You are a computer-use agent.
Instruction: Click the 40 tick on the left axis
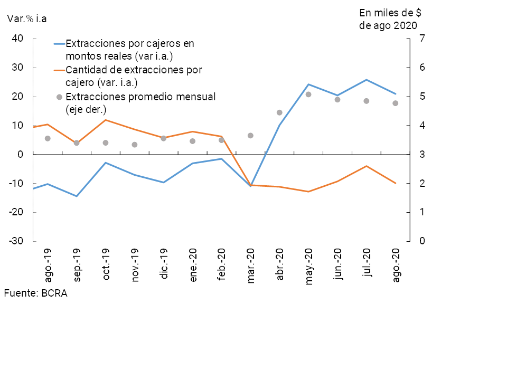click(18, 39)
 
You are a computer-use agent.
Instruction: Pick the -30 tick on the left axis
click(16, 241)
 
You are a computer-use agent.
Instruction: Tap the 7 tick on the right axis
click(422, 39)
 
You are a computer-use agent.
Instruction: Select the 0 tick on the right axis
click(422, 241)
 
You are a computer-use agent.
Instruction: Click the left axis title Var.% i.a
click(27, 18)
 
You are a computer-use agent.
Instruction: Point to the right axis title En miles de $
click(390, 12)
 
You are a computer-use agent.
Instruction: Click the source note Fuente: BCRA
click(35, 293)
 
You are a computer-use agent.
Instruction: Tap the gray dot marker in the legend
click(59, 97)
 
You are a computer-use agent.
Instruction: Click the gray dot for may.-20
click(308, 94)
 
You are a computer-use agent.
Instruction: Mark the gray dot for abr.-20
click(279, 112)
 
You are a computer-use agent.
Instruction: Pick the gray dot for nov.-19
click(135, 145)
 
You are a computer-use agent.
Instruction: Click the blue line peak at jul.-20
click(367, 80)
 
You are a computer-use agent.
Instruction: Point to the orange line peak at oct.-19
click(106, 120)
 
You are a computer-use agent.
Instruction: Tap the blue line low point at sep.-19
click(77, 196)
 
